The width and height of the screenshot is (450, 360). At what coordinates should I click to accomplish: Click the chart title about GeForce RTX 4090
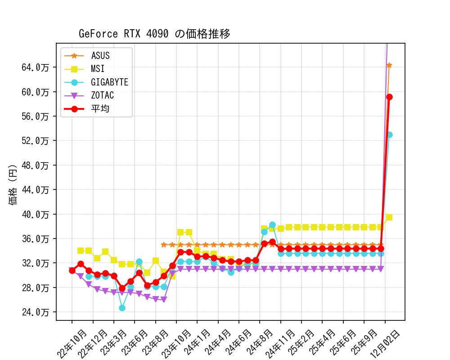[154, 34]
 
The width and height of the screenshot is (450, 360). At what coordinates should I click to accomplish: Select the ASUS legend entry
[100, 56]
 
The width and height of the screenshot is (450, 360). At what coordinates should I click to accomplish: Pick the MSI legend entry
[98, 69]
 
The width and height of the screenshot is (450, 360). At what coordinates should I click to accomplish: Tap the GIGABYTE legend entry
[109, 82]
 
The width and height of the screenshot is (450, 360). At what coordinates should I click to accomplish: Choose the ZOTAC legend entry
[102, 95]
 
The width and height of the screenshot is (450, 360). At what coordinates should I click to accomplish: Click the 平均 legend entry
[100, 108]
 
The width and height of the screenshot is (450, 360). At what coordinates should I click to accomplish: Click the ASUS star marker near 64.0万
[389, 65]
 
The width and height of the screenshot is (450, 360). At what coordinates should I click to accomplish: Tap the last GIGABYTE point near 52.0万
[389, 135]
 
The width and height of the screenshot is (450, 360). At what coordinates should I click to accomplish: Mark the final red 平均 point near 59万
[389, 97]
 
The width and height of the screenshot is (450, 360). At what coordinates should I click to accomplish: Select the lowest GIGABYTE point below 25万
[122, 308]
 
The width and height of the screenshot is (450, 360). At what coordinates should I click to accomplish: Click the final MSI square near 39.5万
[389, 217]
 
